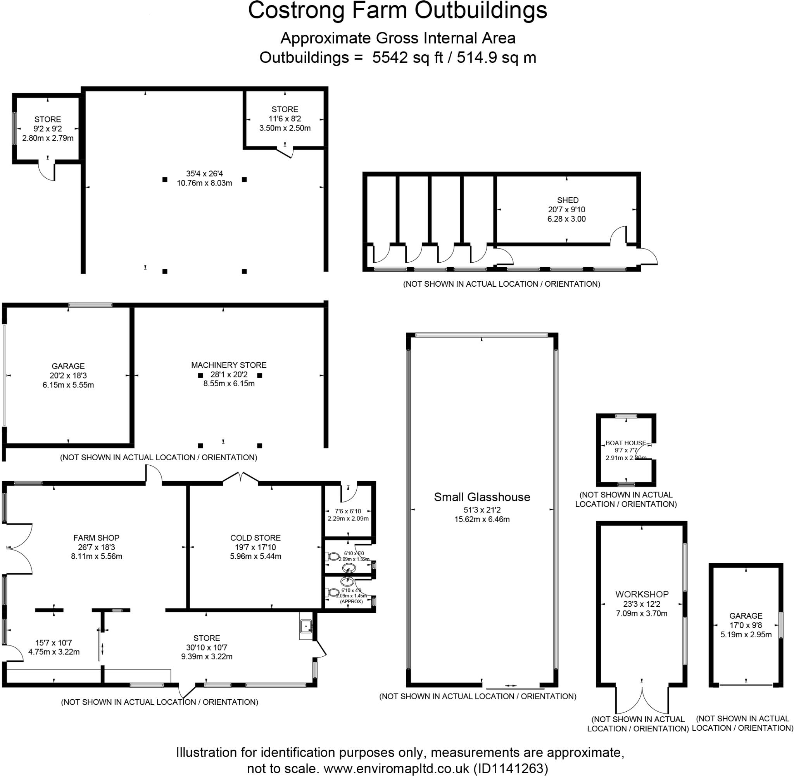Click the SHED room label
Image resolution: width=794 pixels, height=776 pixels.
point(567,200)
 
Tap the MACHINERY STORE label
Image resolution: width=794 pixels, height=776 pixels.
point(229,365)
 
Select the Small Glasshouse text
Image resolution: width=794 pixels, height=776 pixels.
point(482,497)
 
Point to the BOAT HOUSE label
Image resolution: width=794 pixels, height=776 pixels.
point(625,442)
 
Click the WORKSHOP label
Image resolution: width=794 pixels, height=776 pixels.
point(642,594)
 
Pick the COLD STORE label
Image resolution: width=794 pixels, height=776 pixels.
point(255,538)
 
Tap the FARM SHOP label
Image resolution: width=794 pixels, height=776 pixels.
point(96,538)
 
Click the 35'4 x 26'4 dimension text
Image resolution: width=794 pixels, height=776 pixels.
point(204,174)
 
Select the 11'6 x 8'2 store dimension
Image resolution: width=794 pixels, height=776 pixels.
point(285,119)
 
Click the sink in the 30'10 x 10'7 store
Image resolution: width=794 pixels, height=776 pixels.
point(306,626)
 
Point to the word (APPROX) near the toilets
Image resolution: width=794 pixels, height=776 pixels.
point(351,602)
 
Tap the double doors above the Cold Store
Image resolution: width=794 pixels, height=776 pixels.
point(241,477)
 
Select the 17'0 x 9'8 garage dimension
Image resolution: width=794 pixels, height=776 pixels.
point(746,625)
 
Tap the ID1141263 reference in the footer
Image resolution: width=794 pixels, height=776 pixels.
point(510,768)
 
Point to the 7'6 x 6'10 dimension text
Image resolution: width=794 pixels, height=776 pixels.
point(348,511)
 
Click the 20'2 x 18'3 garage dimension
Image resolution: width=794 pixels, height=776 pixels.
point(68,375)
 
